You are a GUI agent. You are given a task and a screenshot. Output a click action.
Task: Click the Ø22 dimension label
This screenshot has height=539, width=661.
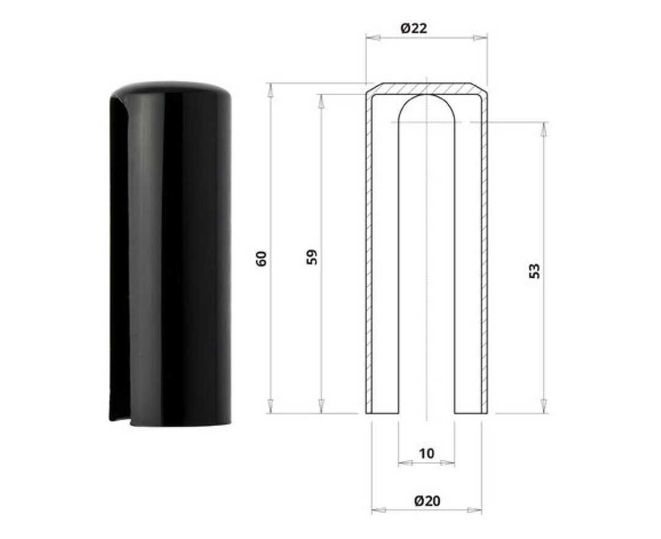coord(413,28)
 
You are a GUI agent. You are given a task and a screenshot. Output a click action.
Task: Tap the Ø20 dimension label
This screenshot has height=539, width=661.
coord(427,501)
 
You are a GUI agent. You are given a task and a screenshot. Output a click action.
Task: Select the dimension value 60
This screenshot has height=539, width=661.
coord(261,258)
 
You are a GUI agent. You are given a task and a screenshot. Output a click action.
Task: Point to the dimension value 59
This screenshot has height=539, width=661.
coord(312,257)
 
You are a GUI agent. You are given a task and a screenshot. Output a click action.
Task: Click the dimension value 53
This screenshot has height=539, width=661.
coord(534,271)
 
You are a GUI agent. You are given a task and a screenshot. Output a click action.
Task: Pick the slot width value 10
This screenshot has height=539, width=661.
coord(427,453)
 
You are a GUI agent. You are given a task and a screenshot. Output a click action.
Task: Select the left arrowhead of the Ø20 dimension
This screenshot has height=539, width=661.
coord(378,511)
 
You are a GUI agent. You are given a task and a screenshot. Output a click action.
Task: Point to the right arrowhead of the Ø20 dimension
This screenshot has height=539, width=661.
coord(475,511)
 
